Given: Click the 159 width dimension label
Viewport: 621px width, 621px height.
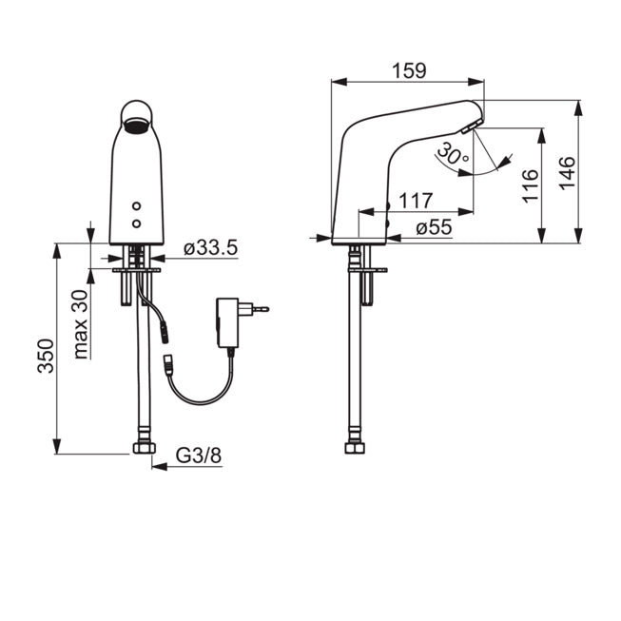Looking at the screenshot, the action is [x=409, y=71].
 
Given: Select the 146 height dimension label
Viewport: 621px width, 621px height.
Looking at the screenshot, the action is [x=567, y=173].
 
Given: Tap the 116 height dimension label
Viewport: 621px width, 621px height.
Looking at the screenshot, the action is [x=531, y=186].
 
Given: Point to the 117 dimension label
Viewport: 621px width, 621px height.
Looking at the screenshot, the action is [x=416, y=201].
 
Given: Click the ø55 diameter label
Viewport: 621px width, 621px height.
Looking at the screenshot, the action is [x=434, y=227].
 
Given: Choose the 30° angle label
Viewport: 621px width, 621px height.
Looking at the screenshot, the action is [x=453, y=154].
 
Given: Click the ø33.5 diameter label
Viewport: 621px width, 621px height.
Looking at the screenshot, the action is [x=211, y=248].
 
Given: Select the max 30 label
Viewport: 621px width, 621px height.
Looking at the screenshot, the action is [x=81, y=324].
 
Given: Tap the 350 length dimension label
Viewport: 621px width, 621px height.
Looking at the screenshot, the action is [x=46, y=356].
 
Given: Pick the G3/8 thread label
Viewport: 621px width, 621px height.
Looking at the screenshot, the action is [x=199, y=456].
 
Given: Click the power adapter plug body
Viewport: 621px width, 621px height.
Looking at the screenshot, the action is [x=227, y=322].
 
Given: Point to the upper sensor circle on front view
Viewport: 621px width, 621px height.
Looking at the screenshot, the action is [x=137, y=206].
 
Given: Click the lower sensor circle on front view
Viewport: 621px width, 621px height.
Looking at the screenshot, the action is [x=137, y=223].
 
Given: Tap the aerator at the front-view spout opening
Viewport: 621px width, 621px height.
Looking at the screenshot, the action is [x=137, y=126].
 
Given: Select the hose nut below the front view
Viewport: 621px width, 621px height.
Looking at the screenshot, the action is [x=145, y=448].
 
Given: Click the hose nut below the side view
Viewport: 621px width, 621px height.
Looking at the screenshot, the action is [x=355, y=448].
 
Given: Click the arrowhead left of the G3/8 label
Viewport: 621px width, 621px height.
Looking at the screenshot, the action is [x=159, y=467].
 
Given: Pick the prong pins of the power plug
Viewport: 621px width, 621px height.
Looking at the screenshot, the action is [x=261, y=309].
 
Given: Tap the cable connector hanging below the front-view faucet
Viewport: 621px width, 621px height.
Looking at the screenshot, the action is [x=164, y=334].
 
